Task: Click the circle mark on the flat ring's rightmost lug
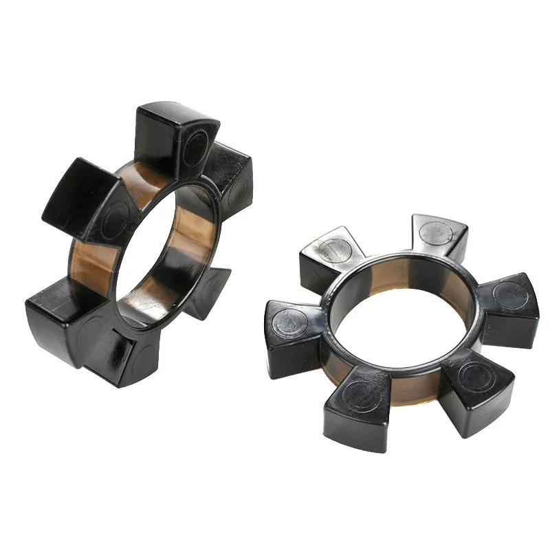[x=512, y=296]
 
